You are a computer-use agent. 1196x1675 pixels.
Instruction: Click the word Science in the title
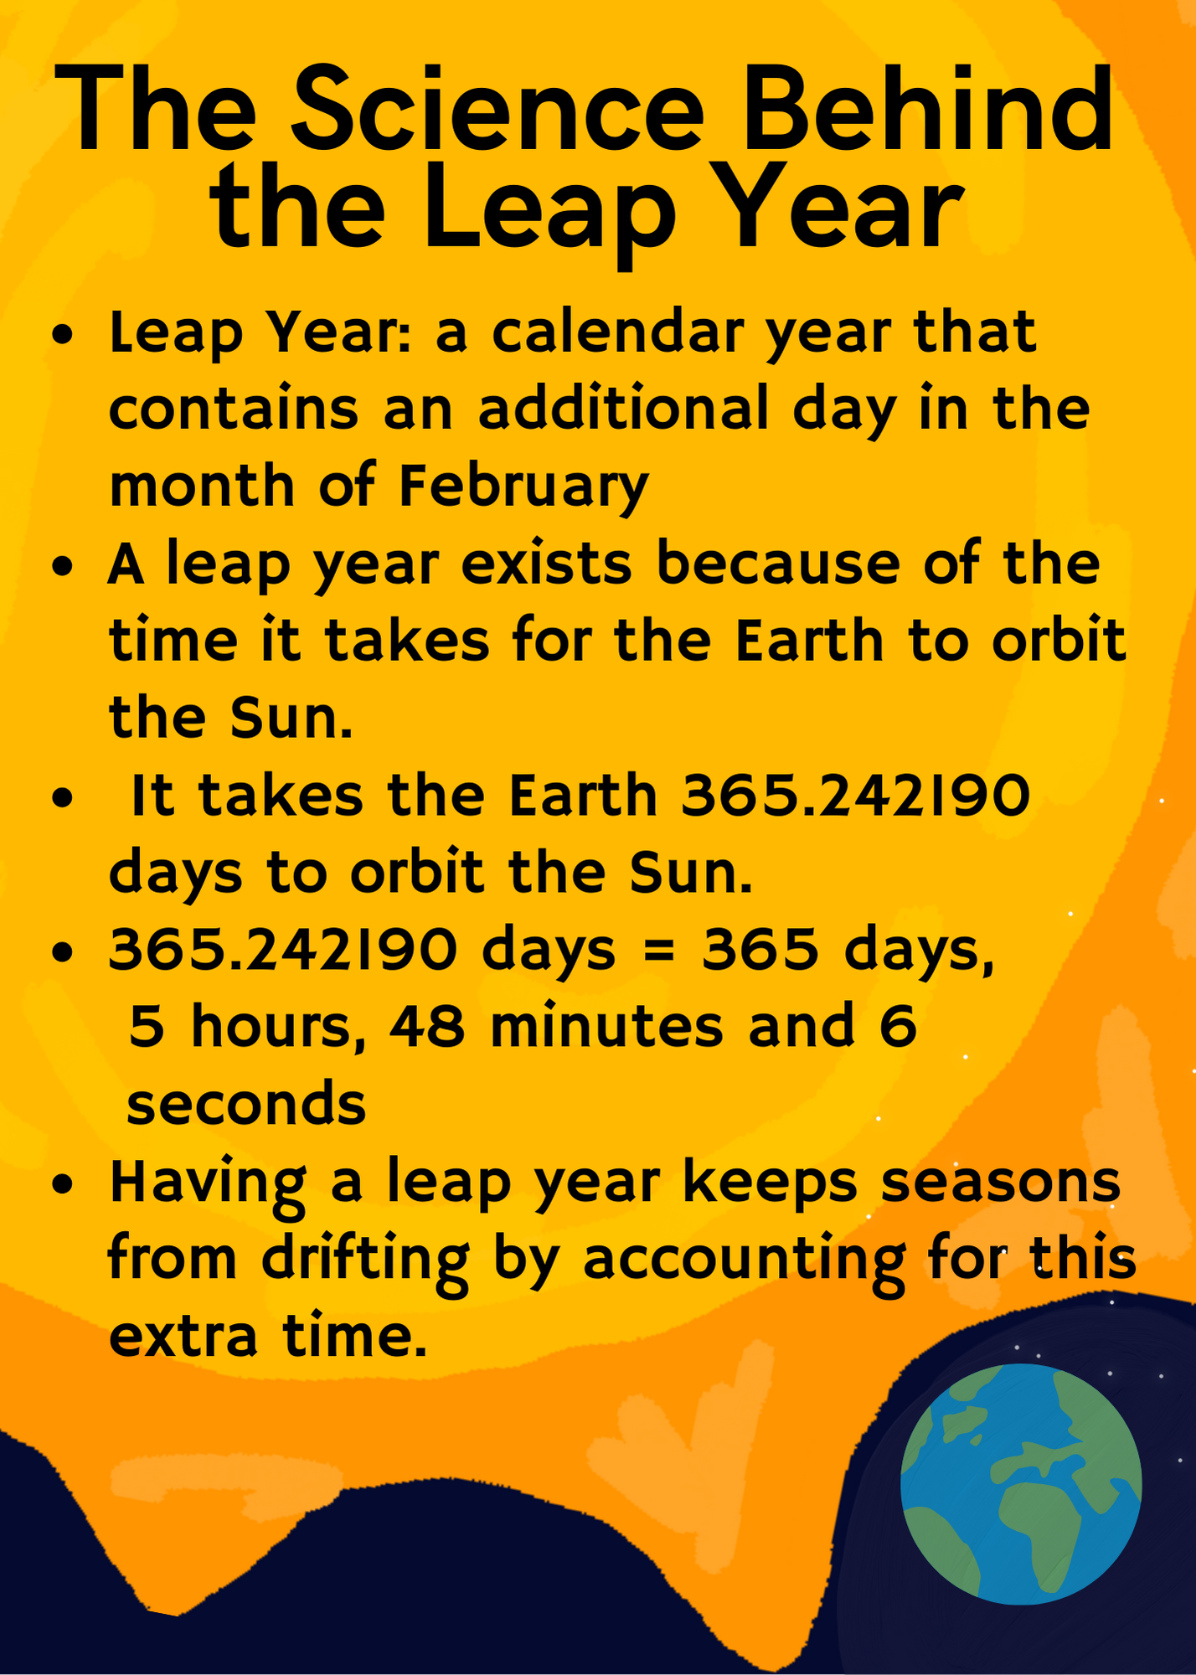pyautogui.click(x=498, y=111)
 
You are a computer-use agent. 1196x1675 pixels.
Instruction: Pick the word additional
pyautogui.click(x=624, y=410)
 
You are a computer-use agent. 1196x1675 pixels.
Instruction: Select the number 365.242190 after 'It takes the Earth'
pyautogui.click(x=856, y=795)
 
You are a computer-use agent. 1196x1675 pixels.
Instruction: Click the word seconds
pyautogui.click(x=246, y=1105)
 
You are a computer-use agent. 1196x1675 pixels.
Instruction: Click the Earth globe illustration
pyautogui.click(x=1021, y=1485)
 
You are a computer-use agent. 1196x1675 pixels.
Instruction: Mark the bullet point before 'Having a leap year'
pyautogui.click(x=63, y=1185)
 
